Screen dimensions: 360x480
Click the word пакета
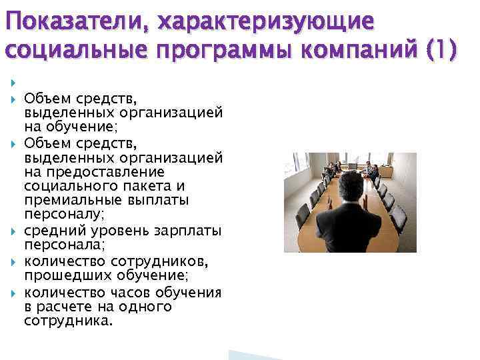146,185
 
